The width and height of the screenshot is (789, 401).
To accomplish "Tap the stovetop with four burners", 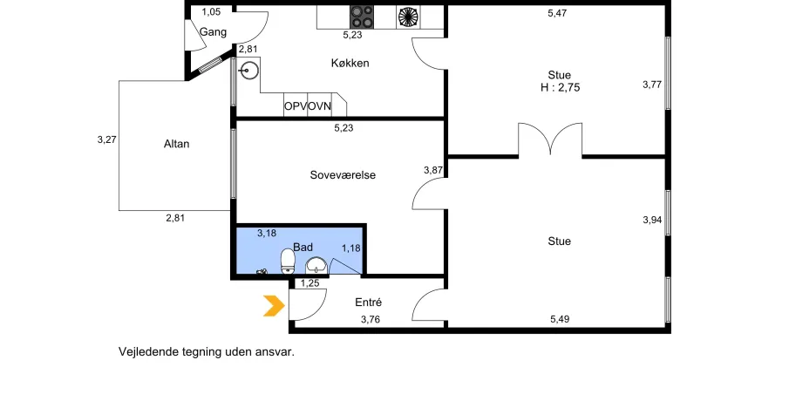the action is pos(363,17).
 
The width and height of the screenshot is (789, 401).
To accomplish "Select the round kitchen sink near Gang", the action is pos(248,71).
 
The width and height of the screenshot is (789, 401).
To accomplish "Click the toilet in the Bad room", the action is pos(288,262).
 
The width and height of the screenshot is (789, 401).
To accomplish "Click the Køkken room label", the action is pos(350,63).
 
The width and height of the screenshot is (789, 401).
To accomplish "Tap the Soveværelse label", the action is pos(343,175).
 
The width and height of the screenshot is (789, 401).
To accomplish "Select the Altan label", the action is pos(177,144).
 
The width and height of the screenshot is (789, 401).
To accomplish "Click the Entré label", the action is pos(368,302).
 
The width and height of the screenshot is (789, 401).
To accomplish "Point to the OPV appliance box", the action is pos(296,106).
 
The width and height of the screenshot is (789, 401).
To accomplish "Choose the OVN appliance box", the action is pos(320,106).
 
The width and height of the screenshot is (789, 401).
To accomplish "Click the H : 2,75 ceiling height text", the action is pos(560,87).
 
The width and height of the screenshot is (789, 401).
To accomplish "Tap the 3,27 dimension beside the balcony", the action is pos(107,139).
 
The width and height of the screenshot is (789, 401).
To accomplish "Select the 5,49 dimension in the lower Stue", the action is pos(560,319).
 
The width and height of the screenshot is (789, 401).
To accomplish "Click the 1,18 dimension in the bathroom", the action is pos(351,248).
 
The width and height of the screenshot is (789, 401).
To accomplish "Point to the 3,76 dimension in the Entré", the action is pos(371,319).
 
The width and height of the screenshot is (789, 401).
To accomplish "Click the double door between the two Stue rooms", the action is pos(550,139).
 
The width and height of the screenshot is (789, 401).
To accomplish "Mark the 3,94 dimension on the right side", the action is pos(652,220).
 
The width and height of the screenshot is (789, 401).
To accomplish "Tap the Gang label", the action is pos(214,32).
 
